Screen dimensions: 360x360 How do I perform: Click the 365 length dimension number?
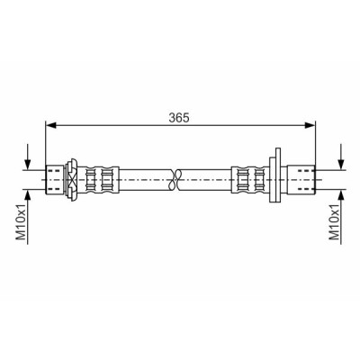coord(179,118)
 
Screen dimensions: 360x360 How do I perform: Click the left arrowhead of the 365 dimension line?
coord(50,125)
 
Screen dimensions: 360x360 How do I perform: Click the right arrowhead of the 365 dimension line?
coord(310,125)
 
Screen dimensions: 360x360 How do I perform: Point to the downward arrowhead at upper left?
coord(28,165)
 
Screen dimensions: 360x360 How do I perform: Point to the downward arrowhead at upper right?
coord(341,165)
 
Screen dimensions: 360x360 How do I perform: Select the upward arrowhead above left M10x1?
coord(28,195)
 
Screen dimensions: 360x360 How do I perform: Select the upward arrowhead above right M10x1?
coord(341,195)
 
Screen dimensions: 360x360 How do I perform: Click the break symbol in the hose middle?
coord(175,180)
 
